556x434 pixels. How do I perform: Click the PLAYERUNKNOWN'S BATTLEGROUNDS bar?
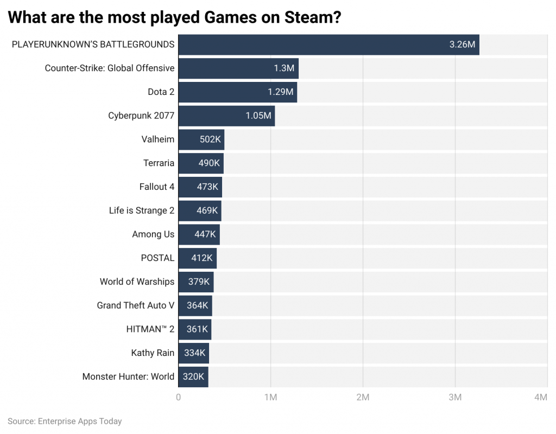coord(328,44)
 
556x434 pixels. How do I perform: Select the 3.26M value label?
coord(462,44)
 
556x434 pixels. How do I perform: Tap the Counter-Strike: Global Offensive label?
coord(110,68)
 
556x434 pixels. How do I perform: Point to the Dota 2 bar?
coord(237,92)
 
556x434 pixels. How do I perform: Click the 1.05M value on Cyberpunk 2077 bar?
coord(258,116)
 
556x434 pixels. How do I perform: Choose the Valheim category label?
coord(158,139)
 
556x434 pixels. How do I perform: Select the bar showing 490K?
coord(201,163)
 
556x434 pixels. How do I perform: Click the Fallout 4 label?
coord(157,187)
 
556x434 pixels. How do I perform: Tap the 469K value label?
coord(207,210)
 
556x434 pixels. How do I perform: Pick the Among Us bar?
coord(199,234)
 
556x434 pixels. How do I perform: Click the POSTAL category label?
coord(158,258)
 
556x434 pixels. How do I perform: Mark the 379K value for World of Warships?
coord(199,282)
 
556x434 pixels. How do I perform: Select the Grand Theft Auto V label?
coord(136,305)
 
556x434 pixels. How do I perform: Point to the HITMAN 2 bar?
coord(194,329)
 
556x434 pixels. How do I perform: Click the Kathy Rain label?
coord(153,353)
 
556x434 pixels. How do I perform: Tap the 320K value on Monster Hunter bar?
coord(193,376)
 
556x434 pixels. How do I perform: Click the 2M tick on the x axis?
coord(363,398)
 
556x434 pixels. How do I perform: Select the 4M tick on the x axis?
coord(540,398)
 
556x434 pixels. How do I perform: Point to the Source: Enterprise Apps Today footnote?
coord(65,421)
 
